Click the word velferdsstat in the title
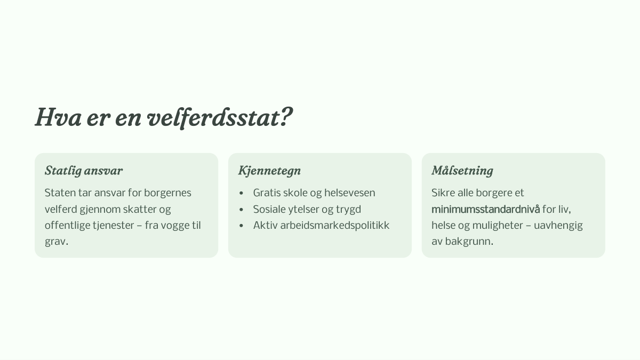[x=213, y=117]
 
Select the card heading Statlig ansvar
[x=84, y=171]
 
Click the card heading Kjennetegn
[x=269, y=171]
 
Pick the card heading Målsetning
[x=462, y=171]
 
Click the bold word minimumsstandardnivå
[x=485, y=209]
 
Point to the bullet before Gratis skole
[x=241, y=193]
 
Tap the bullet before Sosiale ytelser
[x=241, y=210]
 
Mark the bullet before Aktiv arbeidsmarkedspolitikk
[x=241, y=226]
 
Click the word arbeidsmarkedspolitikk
[x=334, y=226]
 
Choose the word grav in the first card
[x=55, y=242]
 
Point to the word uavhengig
[x=558, y=226]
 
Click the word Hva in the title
[x=58, y=117]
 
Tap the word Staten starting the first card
[x=60, y=193]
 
